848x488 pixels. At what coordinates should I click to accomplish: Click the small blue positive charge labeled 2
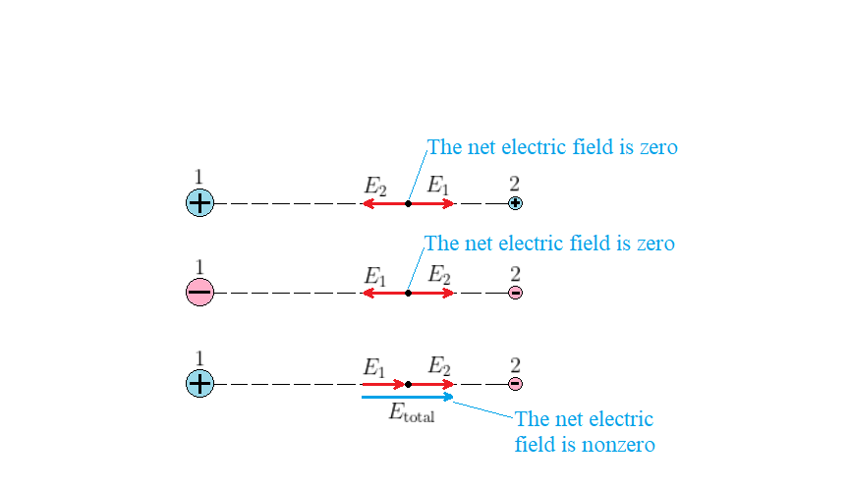(x=515, y=203)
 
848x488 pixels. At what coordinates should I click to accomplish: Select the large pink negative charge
(x=199, y=293)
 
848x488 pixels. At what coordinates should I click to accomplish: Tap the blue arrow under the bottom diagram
(x=407, y=397)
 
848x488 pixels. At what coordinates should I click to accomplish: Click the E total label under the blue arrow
(x=411, y=414)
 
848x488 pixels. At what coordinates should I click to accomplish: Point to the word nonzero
(x=620, y=445)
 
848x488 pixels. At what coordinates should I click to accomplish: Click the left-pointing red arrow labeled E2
(x=384, y=204)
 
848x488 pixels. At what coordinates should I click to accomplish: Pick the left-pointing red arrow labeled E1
(x=384, y=293)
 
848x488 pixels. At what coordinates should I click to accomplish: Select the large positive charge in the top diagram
(x=199, y=203)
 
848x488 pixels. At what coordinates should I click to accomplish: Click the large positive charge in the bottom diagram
(x=199, y=384)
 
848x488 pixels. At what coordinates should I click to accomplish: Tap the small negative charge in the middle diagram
(x=515, y=293)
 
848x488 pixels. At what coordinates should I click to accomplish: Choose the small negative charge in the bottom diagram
(x=515, y=384)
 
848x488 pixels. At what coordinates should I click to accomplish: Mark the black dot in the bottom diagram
(x=408, y=384)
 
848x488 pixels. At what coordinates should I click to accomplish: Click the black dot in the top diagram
(x=408, y=204)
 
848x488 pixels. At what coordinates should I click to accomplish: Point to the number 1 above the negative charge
(x=199, y=267)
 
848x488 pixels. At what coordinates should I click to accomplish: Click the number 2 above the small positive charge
(x=515, y=184)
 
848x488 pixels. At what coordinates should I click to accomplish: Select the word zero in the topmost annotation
(x=657, y=148)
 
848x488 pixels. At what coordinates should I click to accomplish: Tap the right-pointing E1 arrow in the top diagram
(x=432, y=204)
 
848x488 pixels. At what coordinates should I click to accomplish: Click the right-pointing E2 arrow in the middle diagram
(x=432, y=293)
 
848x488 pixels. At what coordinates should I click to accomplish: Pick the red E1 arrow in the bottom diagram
(x=383, y=384)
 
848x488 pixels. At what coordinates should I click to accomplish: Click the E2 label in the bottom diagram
(x=438, y=367)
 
